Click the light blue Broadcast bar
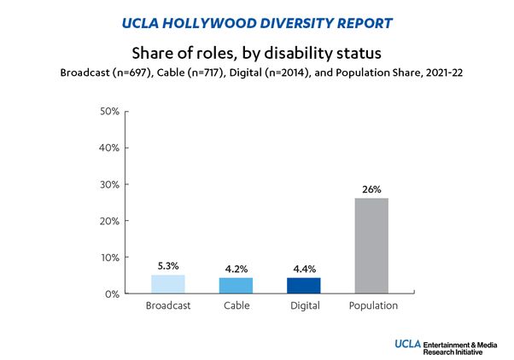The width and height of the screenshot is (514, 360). click(x=167, y=284)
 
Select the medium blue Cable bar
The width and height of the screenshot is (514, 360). click(x=235, y=286)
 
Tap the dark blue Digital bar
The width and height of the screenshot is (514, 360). click(x=303, y=286)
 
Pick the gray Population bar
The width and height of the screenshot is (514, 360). click(x=371, y=246)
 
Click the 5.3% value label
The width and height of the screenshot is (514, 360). click(x=167, y=265)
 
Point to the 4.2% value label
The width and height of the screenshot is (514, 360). click(x=235, y=270)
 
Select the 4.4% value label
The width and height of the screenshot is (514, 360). click(x=303, y=269)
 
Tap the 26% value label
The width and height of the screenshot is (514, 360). click(x=371, y=189)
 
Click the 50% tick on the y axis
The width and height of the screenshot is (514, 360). click(x=111, y=112)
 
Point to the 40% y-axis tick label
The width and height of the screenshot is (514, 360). click(x=111, y=148)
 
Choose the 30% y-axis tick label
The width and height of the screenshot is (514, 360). click(x=111, y=185)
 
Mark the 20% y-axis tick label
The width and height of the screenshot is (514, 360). click(x=111, y=221)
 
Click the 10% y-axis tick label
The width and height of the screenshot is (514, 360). click(x=111, y=258)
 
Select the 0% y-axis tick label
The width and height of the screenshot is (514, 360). click(x=114, y=294)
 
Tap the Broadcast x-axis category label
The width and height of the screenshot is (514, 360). click(x=167, y=305)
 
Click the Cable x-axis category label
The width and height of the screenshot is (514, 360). click(x=235, y=305)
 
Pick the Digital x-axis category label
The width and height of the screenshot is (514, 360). click(x=303, y=305)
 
